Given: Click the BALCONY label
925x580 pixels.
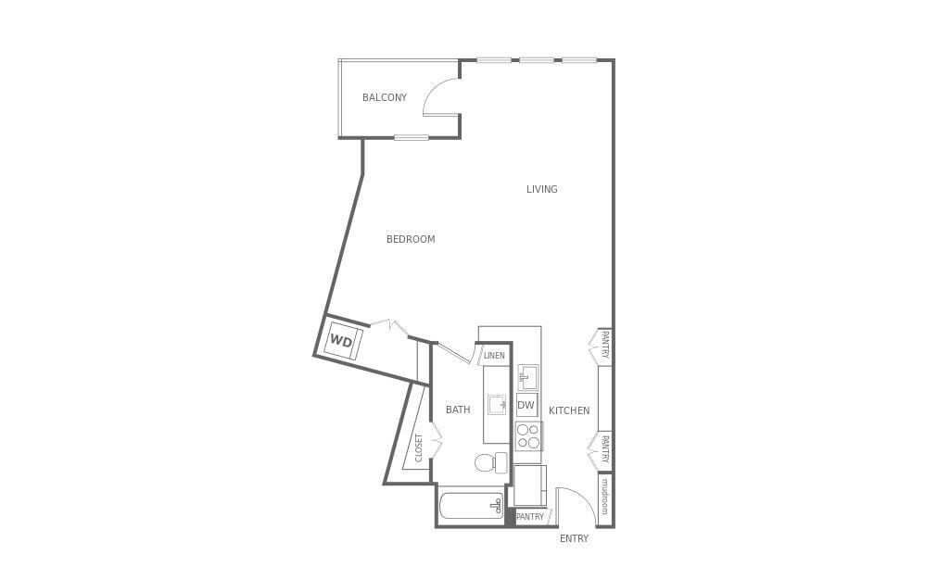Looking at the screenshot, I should (x=385, y=97).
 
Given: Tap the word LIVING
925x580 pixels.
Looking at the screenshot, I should (x=542, y=189).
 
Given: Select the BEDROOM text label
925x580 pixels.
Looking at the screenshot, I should (x=411, y=239).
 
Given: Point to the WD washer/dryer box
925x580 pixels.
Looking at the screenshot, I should (x=342, y=341).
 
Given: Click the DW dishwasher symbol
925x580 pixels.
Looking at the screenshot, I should (x=526, y=405).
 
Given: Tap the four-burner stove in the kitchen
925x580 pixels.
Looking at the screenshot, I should (x=527, y=436).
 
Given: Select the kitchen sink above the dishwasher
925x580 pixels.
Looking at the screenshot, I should (x=528, y=377).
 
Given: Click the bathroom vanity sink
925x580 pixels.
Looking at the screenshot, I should (x=498, y=405).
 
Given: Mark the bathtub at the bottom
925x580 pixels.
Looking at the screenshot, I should (x=471, y=506).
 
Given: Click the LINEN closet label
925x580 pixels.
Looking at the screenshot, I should (x=494, y=355).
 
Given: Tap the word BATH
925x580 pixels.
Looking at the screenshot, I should (x=458, y=410).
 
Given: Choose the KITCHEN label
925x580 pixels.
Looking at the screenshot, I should (x=569, y=410).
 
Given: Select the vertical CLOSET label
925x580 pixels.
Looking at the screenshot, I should (x=419, y=447).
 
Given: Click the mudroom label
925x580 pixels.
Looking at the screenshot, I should (x=604, y=497).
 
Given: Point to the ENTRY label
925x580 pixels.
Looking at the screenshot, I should (x=574, y=538).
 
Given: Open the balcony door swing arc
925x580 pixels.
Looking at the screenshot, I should (x=439, y=96).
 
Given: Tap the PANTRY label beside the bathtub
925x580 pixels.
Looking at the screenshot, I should (x=530, y=517).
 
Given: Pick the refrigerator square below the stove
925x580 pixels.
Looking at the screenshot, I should (x=530, y=485).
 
